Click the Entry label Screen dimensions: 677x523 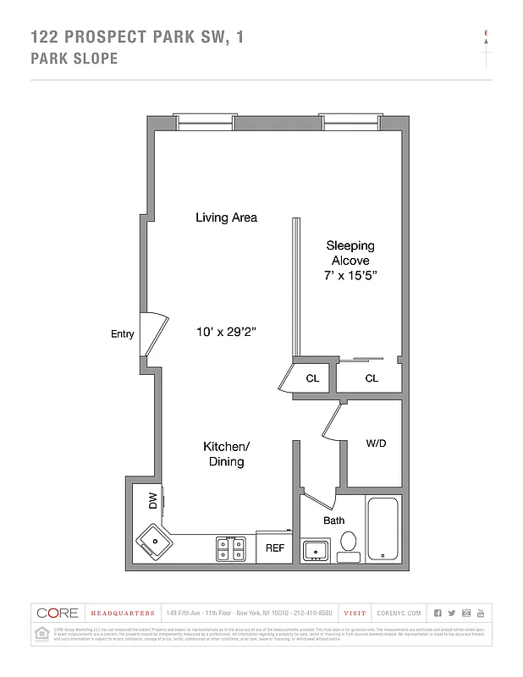coord(123,334)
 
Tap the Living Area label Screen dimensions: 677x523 coord(226,217)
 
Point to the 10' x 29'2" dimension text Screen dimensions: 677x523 coord(226,332)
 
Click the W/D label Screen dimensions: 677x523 coord(376,443)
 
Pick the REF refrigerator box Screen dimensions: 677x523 coord(275,548)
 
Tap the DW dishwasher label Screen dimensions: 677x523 coord(153,501)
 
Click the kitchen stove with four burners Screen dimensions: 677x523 coord(231,549)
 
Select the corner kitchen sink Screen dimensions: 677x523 coord(153,539)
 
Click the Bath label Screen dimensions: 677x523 coord(333,520)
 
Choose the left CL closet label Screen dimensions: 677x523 coord(312,378)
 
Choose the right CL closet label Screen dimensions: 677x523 coord(372,378)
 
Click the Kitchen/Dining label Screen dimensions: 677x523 coord(226,454)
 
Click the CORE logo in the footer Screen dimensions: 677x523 coord(58,613)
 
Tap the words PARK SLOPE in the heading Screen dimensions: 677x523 coord(74,59)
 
